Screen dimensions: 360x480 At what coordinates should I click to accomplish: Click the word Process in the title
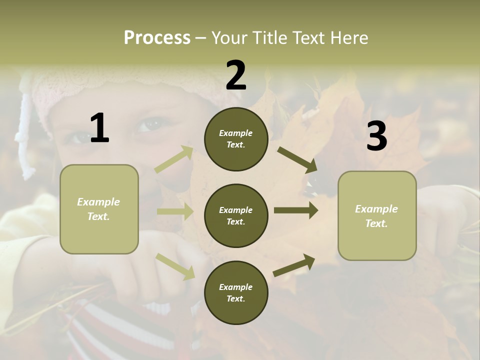tap(157, 37)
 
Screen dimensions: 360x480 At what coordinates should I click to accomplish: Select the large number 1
tap(99, 128)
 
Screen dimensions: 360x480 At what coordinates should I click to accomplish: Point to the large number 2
tap(236, 75)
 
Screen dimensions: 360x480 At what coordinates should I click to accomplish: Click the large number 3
tap(376, 136)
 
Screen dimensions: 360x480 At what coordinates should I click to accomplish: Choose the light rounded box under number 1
tap(99, 209)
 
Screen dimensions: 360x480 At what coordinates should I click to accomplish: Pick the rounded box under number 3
tap(377, 215)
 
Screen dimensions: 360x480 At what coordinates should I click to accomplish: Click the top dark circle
tap(236, 139)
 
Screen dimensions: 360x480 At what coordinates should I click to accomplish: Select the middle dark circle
tap(236, 215)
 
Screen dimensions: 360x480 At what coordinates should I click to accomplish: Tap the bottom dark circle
tap(236, 292)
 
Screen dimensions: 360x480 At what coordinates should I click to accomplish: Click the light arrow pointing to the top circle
tap(174, 159)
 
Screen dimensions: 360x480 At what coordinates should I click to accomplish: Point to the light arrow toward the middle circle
tap(175, 211)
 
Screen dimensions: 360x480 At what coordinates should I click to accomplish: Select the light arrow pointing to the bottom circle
tap(175, 266)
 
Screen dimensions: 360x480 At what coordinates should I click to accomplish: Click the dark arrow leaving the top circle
tap(297, 159)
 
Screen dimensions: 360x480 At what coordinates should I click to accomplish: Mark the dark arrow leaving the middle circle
tap(296, 210)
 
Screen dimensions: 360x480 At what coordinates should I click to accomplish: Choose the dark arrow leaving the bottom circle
tap(294, 265)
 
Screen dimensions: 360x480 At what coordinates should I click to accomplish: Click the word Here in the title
tap(348, 37)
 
